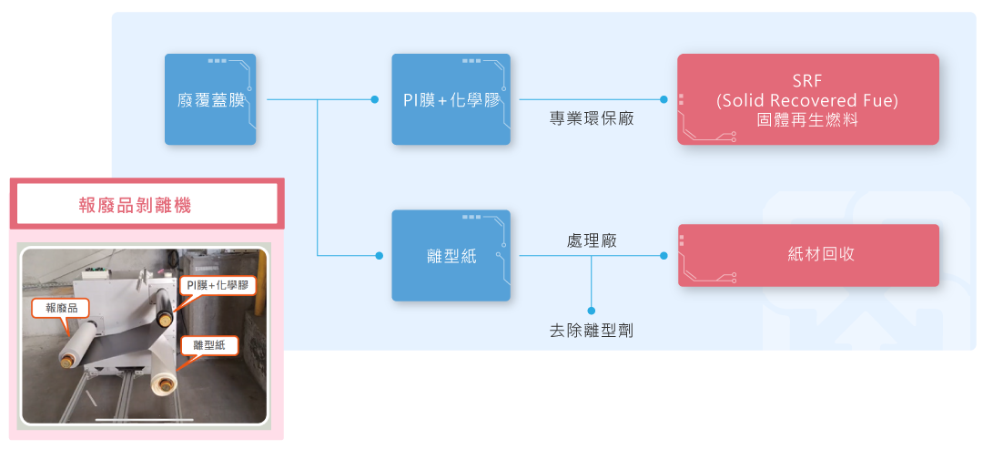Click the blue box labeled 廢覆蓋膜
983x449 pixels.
[210, 99]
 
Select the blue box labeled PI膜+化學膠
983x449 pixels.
[451, 99]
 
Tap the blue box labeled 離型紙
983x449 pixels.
[451, 256]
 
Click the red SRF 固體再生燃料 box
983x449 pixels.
[807, 99]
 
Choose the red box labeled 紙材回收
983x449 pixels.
[808, 255]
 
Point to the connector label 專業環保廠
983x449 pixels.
[592, 118]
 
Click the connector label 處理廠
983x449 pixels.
[592, 241]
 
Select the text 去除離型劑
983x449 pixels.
[592, 332]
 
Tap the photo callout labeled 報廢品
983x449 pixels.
[62, 308]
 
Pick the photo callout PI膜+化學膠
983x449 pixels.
[217, 286]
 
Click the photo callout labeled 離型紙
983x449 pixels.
[209, 345]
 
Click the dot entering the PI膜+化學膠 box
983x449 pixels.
[376, 99]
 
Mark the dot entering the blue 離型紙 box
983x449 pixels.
[379, 256]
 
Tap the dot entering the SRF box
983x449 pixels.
[664, 99]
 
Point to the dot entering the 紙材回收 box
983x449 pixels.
[664, 256]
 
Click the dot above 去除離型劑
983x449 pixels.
[592, 311]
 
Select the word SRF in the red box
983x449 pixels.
[807, 81]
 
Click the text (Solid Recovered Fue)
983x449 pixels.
[807, 100]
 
